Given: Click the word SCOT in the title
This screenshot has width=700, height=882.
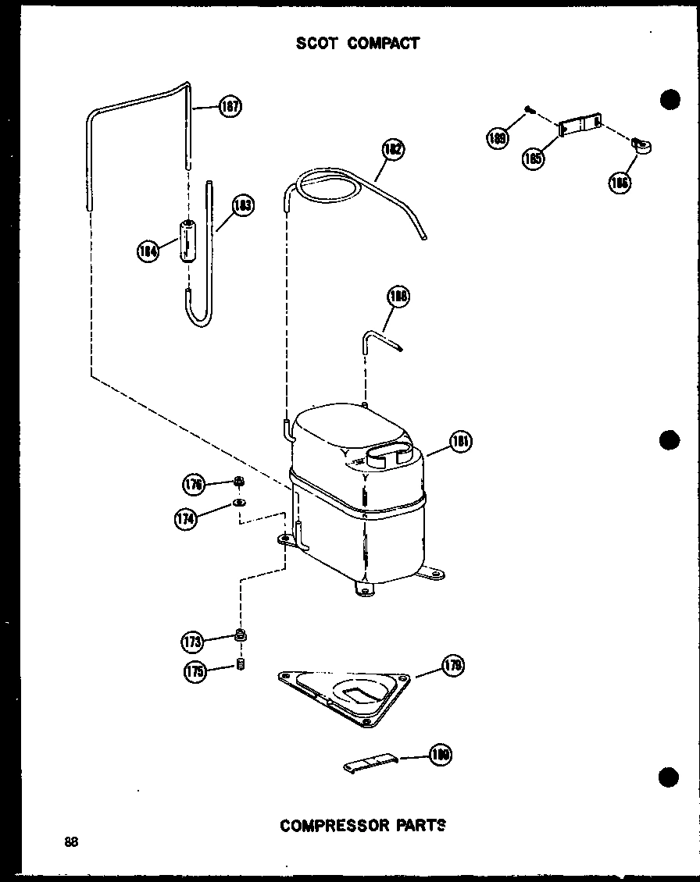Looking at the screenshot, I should [316, 43].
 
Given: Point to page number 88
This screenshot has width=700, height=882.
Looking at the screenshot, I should [72, 841].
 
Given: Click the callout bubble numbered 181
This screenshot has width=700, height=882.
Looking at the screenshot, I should [461, 441].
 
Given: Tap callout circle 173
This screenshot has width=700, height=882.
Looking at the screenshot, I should [192, 642].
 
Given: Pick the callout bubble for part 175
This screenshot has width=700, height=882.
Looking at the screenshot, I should [195, 672].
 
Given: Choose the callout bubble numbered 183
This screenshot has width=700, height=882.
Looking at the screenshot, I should [243, 206].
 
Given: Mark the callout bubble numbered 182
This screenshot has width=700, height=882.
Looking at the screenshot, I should [394, 150].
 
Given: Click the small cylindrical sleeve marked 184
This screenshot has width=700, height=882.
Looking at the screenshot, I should [187, 241].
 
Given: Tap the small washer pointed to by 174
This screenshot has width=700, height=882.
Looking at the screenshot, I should [239, 503].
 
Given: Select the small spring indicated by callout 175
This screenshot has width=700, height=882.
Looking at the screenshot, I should [241, 665].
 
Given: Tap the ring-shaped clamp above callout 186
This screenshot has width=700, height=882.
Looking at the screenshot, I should [643, 145].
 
